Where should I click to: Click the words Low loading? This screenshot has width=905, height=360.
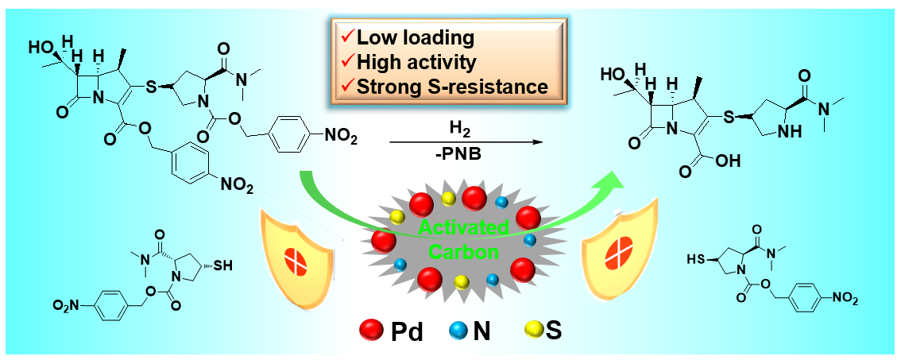point(416,37)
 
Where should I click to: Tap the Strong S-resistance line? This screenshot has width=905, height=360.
point(452,85)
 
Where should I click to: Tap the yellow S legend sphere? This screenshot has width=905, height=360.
point(534,329)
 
